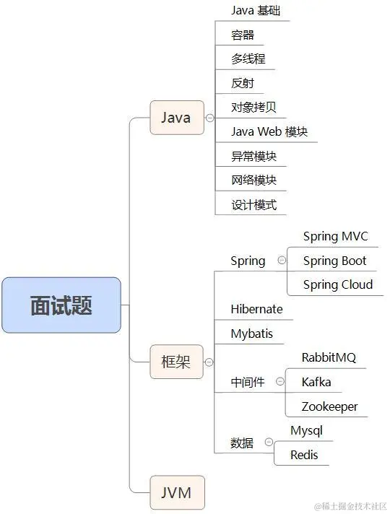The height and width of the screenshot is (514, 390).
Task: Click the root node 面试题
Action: pyautogui.click(x=61, y=305)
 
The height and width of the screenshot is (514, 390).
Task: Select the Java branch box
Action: pyautogui.click(x=176, y=118)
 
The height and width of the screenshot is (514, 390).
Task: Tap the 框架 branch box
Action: pyautogui.click(x=176, y=362)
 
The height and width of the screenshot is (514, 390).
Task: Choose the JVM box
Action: pyautogui.click(x=176, y=493)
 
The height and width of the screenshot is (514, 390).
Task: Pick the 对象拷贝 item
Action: pyautogui.click(x=253, y=108)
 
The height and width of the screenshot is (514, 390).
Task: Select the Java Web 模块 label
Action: pyautogui.click(x=269, y=131)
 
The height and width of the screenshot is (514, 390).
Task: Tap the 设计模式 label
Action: pyautogui.click(x=253, y=204)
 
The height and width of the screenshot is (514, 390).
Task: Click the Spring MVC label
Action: pyautogui.click(x=335, y=237)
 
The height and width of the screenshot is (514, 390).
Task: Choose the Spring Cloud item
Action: pyautogui.click(x=338, y=284)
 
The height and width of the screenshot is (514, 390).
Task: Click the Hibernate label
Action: pyautogui.click(x=256, y=309)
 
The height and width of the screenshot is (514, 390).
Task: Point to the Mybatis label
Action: pyautogui.click(x=252, y=334)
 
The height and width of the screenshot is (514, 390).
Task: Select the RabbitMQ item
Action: pyautogui.click(x=329, y=357)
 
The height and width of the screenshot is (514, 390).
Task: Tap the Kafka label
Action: pyautogui.click(x=316, y=382)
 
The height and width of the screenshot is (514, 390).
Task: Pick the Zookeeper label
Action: pyautogui.click(x=329, y=406)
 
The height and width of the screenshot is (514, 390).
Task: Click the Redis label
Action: pyautogui.click(x=304, y=455)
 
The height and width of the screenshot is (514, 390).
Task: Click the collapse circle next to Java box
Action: pyautogui.click(x=209, y=118)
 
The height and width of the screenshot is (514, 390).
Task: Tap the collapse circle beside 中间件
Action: pyautogui.click(x=280, y=383)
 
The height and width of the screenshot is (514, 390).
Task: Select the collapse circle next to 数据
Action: pyautogui.click(x=269, y=443)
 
